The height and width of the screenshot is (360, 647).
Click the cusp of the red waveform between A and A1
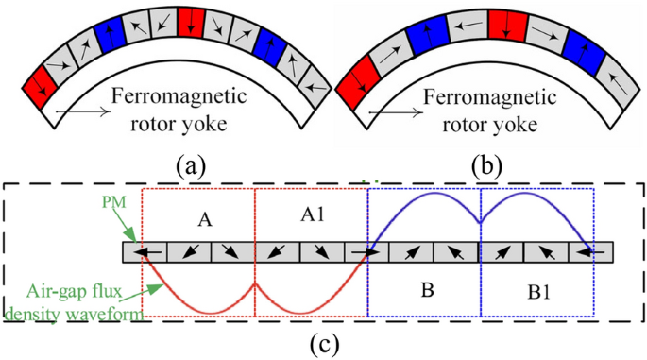[x=255, y=283]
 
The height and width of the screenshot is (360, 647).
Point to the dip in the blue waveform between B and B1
[x=481, y=222]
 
